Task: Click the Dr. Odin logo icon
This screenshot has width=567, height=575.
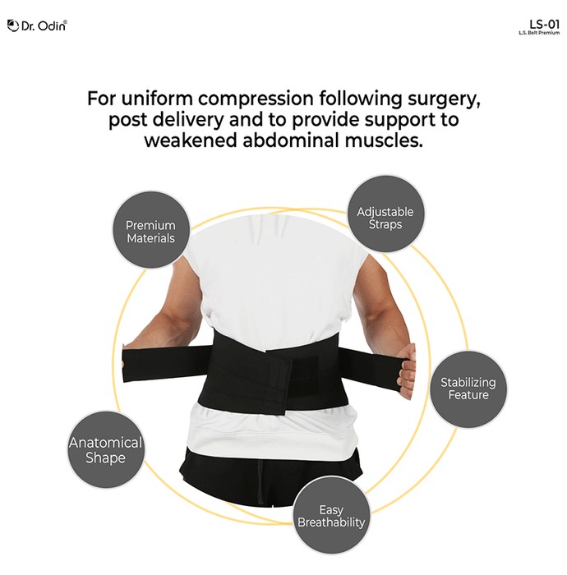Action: pos(13,25)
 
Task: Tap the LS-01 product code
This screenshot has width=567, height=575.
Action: pos(544,25)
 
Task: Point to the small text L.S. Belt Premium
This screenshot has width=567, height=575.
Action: pos(539,33)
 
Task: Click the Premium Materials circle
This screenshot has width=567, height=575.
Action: pos(150,230)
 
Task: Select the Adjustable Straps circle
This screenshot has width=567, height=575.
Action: pos(385,214)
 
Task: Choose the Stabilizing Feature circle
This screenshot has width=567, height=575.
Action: pos(468,389)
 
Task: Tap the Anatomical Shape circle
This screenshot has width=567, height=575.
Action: pos(106,450)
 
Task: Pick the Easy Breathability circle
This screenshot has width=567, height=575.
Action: pos(331,515)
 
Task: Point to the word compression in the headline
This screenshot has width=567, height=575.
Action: pos(256,99)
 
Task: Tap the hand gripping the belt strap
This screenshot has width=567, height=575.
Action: pos(407,371)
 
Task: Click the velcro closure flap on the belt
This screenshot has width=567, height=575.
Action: pos(279,381)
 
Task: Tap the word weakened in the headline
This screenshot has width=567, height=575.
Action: pos(191,140)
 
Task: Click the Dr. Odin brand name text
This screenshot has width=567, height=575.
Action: pos(44,26)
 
